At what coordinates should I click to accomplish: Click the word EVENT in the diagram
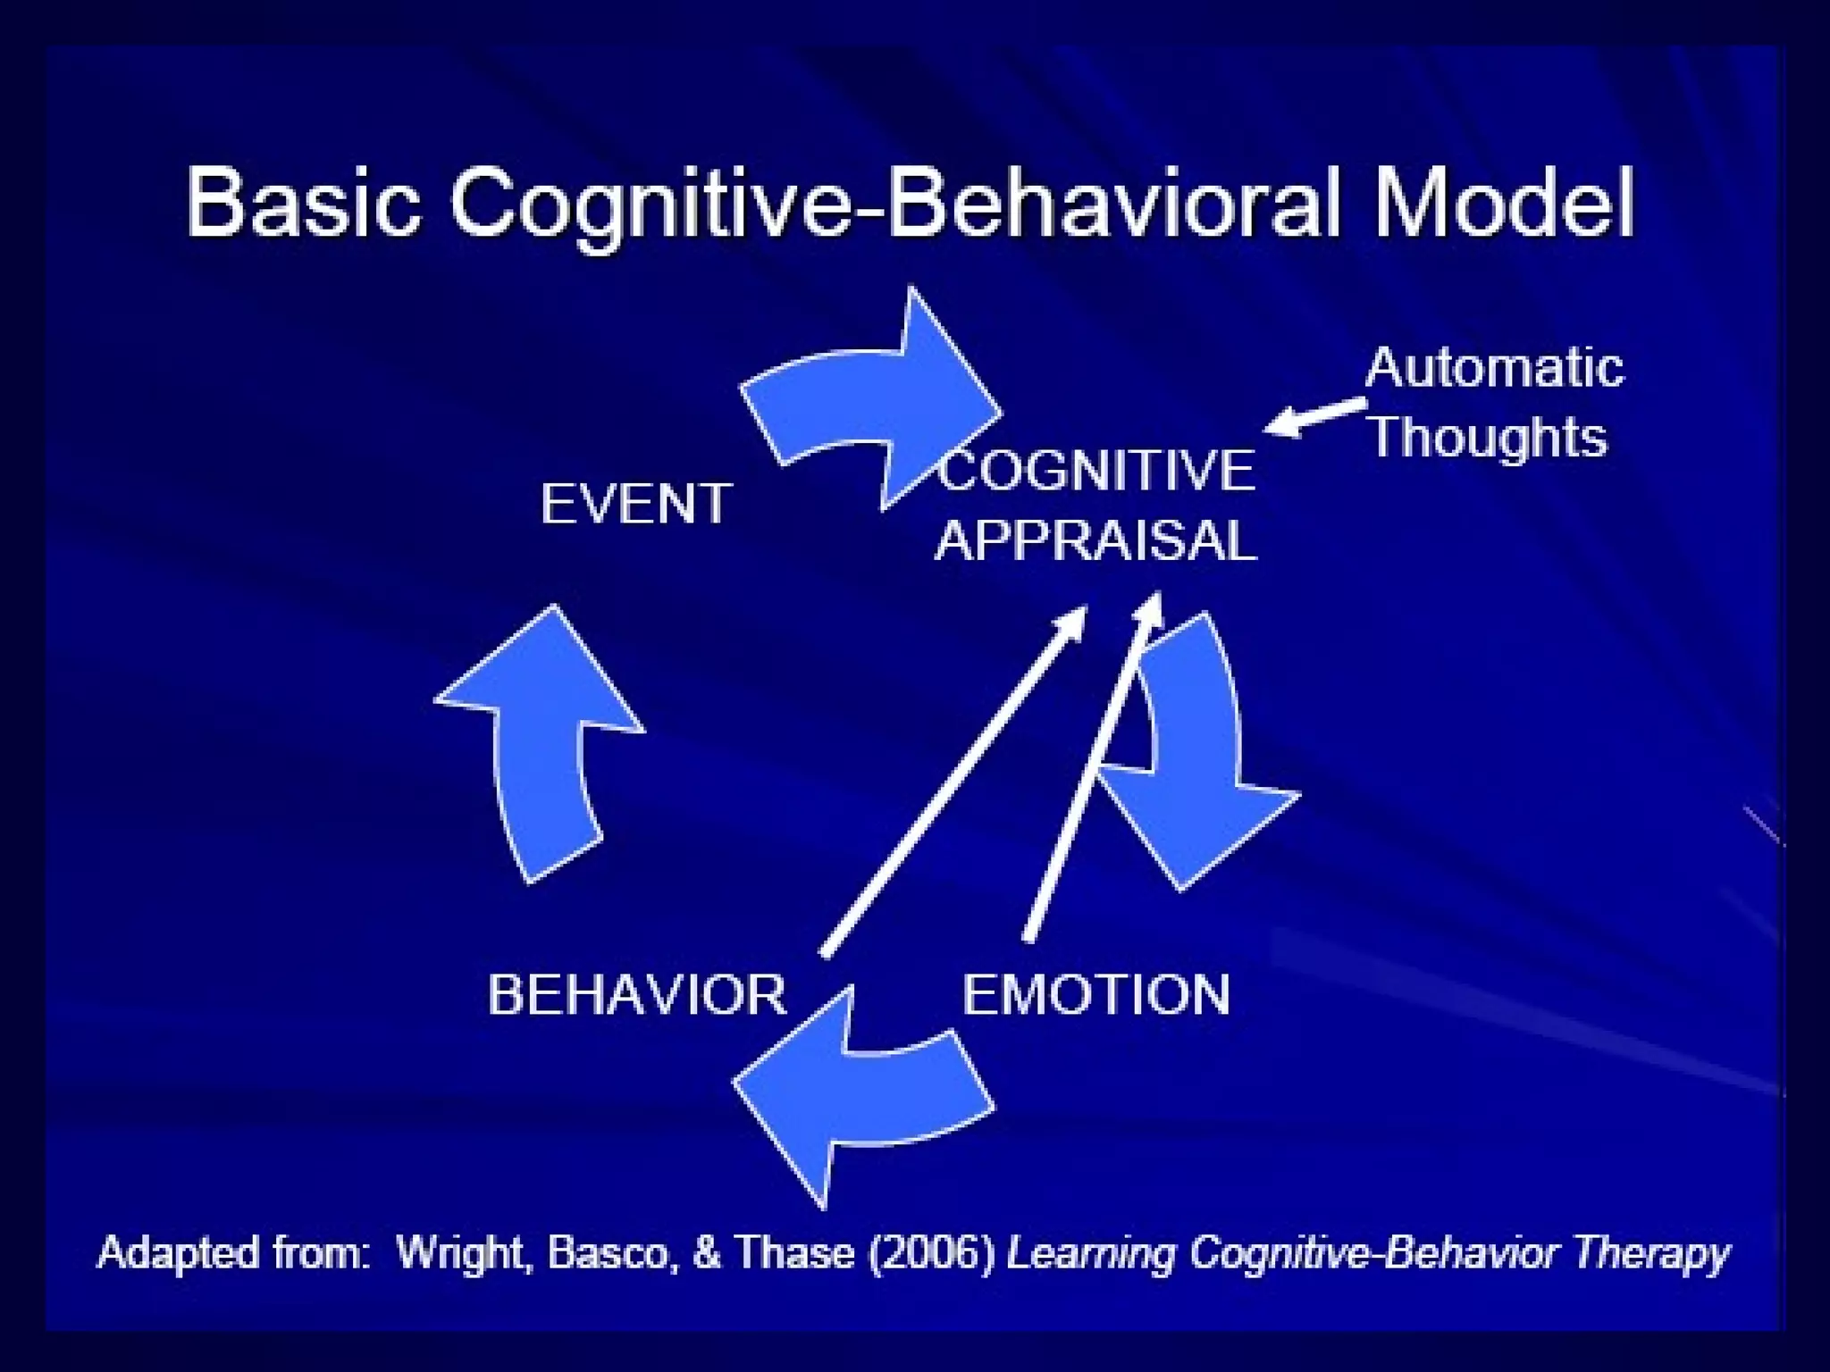coord(636,504)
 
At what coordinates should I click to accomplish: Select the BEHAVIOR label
coord(636,994)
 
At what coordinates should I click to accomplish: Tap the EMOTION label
coord(1096,994)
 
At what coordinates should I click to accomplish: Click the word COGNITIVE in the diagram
coord(1097,471)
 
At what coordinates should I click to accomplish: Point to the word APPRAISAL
coord(1096,540)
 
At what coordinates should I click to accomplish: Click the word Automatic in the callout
coord(1494,367)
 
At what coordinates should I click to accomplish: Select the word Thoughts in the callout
coord(1489,437)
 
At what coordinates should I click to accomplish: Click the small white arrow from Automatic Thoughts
coord(1314,416)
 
